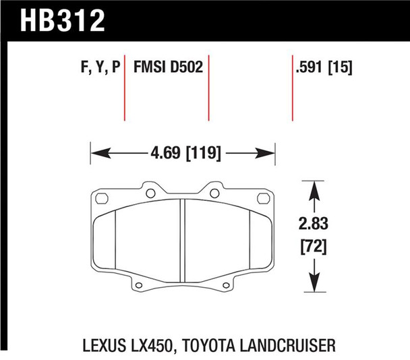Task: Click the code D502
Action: (x=188, y=68)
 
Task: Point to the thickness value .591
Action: (x=310, y=68)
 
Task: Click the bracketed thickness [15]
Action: (x=342, y=68)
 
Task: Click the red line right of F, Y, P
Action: (x=125, y=88)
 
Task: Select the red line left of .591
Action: (x=292, y=88)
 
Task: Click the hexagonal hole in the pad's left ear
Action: (x=102, y=198)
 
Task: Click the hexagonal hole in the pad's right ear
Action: (x=263, y=198)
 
